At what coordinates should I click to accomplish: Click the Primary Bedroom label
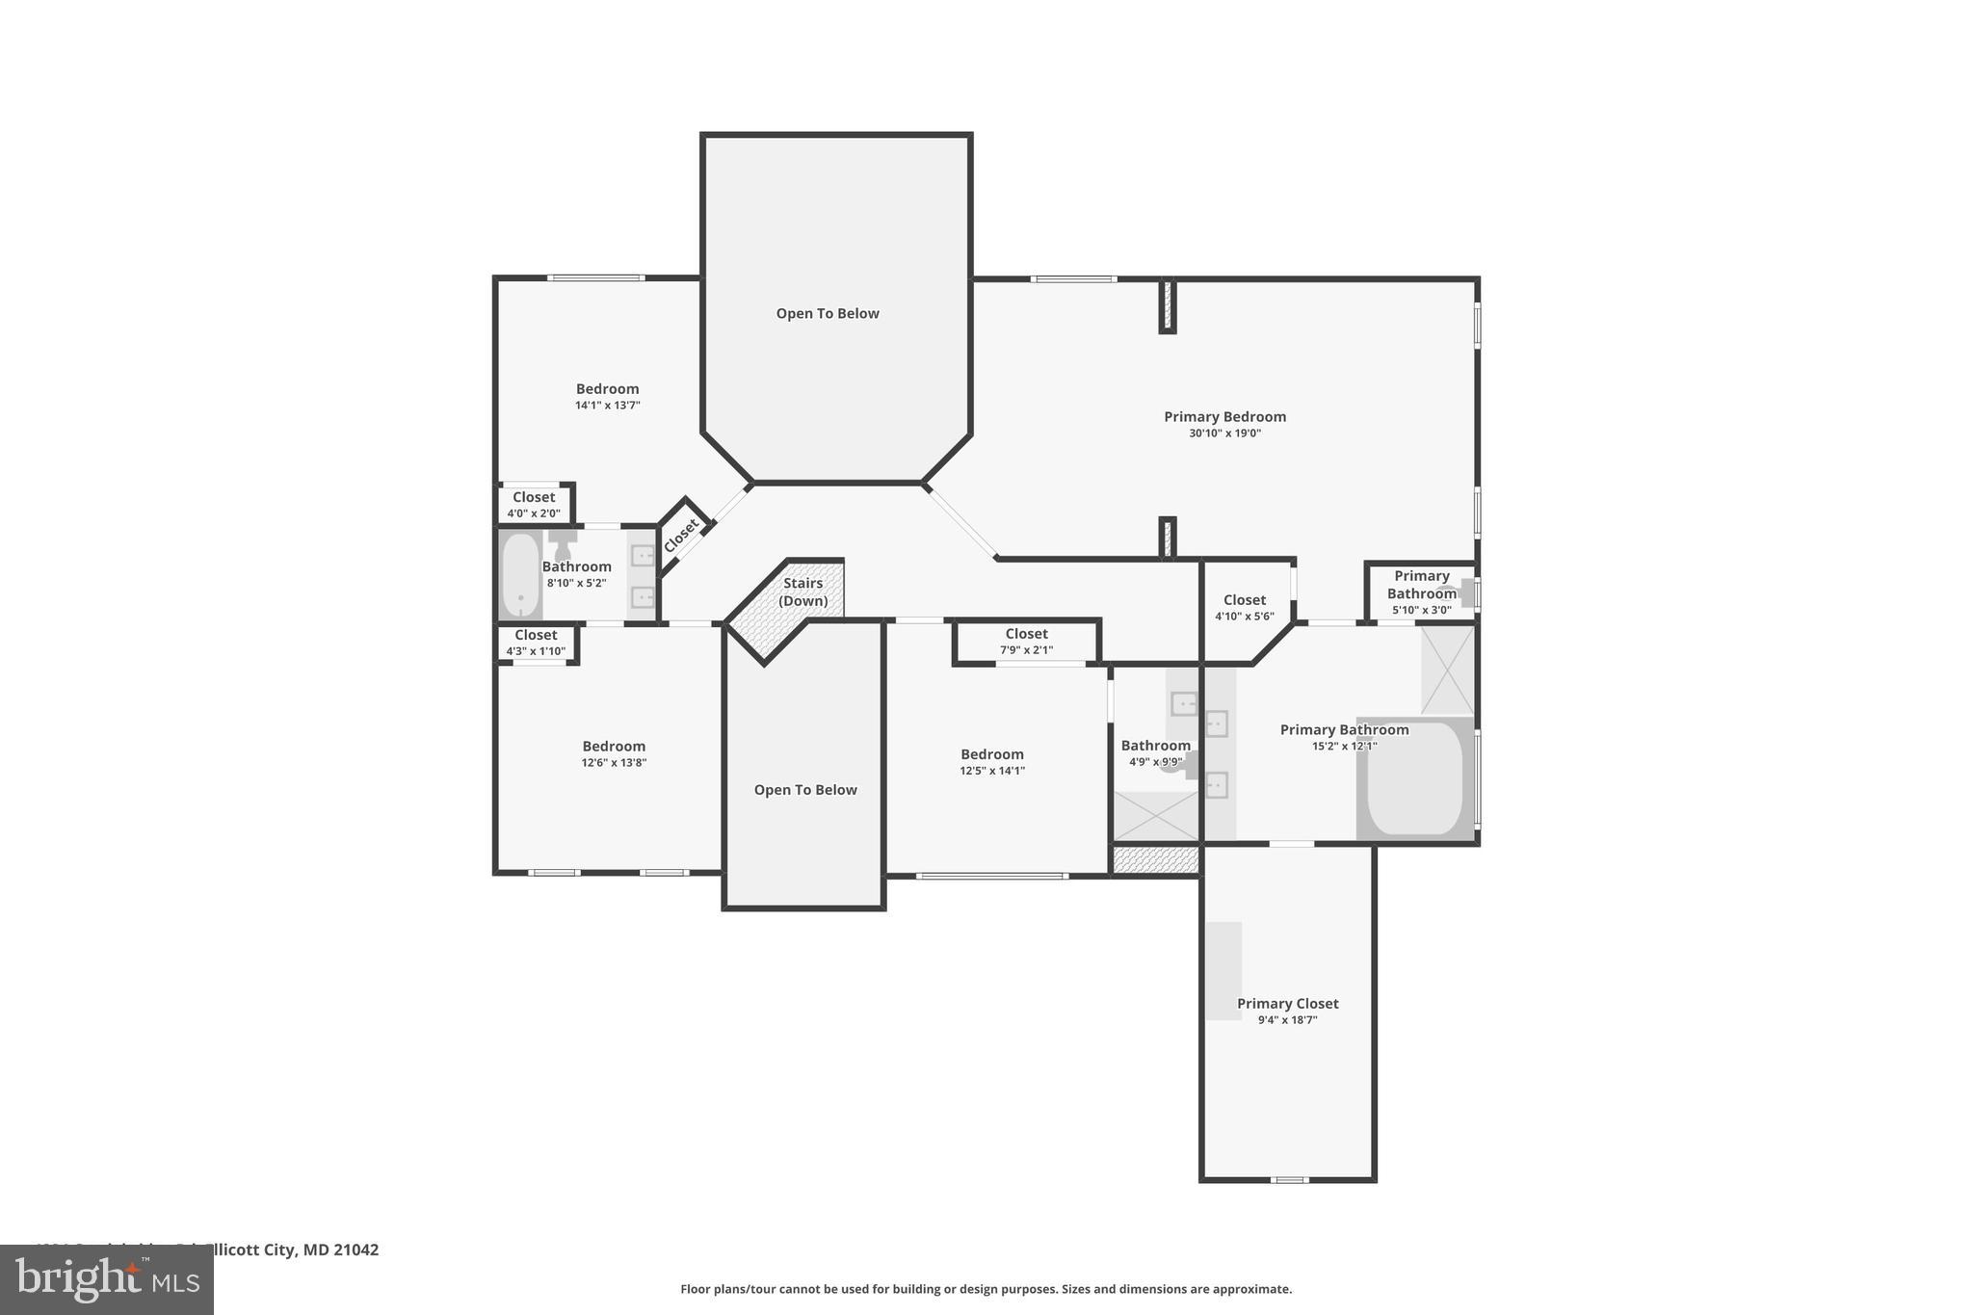tap(1224, 416)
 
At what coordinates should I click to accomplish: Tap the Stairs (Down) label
tap(802, 592)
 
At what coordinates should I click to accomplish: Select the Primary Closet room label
tap(1287, 1003)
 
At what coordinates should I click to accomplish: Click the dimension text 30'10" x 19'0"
tap(1224, 434)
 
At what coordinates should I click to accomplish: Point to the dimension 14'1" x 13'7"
tap(607, 406)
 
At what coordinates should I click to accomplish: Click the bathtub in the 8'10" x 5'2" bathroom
tap(520, 575)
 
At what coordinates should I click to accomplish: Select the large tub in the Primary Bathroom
tap(1414, 778)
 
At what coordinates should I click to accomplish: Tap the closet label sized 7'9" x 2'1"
tap(1026, 634)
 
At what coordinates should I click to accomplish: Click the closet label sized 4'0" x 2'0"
tap(534, 498)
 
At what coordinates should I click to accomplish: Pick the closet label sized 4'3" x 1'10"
tap(536, 635)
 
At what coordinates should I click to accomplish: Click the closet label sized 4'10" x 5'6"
tap(1245, 600)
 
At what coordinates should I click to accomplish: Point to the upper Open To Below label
tap(828, 313)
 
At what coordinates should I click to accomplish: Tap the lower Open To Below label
tap(805, 790)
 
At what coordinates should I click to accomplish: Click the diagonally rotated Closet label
tap(682, 536)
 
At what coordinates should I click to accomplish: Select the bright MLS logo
tap(107, 1279)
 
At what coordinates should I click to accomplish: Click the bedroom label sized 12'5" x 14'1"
tap(991, 754)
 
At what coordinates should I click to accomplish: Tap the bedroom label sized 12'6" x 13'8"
tap(614, 747)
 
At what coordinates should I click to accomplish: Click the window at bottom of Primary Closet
tap(1288, 1179)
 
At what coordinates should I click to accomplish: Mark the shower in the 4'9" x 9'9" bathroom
tap(1155, 815)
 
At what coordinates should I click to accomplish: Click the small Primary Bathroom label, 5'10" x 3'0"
tap(1421, 585)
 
